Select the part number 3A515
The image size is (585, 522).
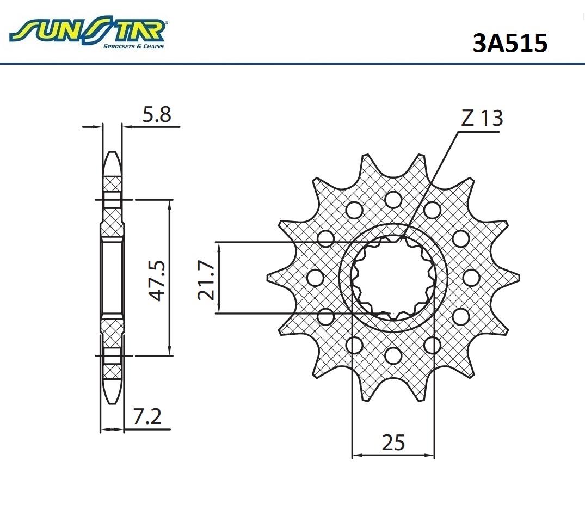click(510, 43)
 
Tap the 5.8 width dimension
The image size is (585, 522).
click(157, 114)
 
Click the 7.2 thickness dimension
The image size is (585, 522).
click(147, 417)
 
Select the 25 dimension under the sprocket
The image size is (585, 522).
click(393, 443)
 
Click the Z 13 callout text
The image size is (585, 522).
click(482, 118)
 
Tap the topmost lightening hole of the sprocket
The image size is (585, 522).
click(393, 199)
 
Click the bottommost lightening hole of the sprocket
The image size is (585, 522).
click(393, 355)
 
